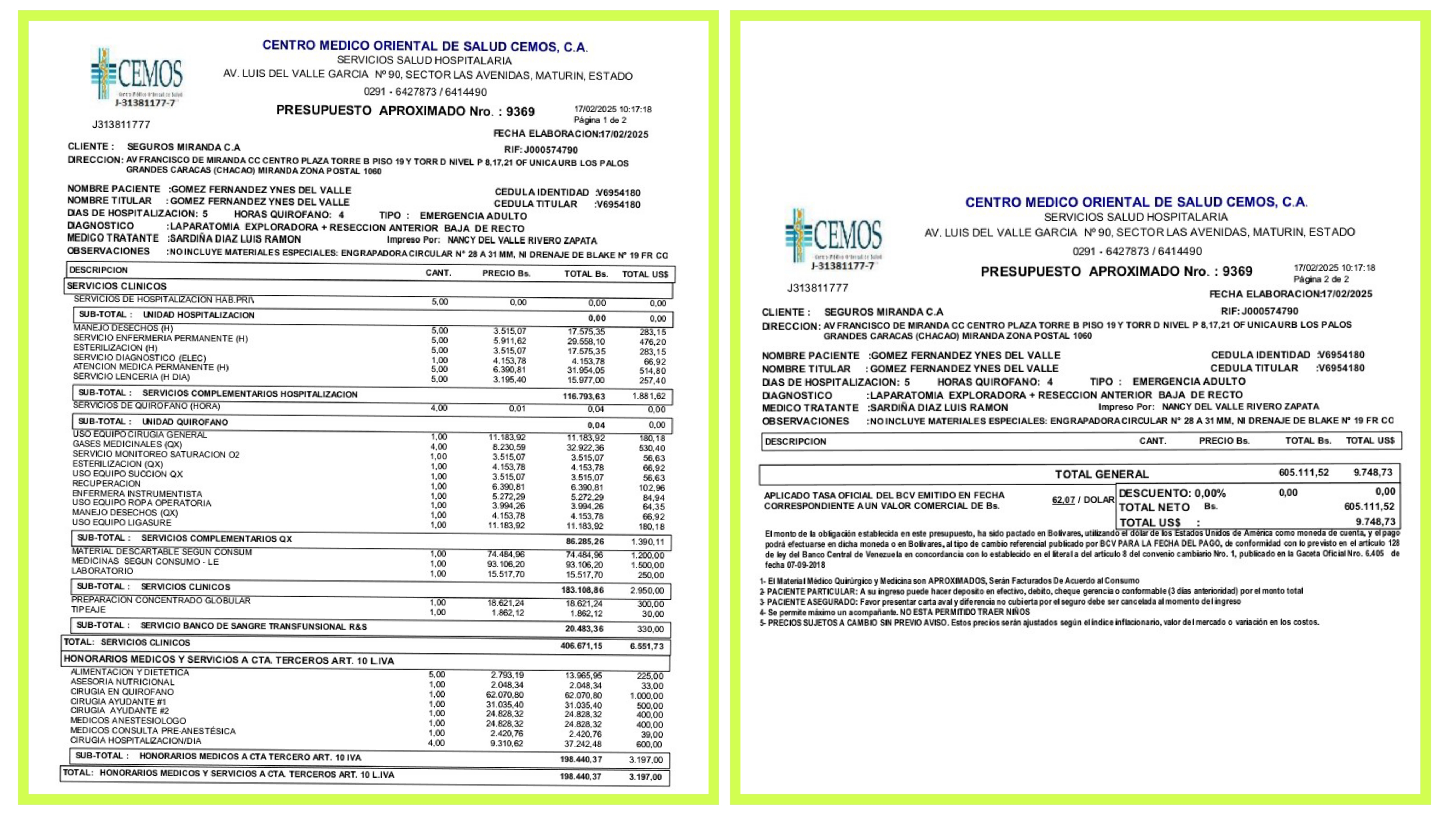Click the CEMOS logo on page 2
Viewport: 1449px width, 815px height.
833,237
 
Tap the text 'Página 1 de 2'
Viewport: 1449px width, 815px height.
600,120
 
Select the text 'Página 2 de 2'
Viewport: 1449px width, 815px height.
1321,279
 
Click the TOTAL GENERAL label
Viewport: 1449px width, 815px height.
1101,474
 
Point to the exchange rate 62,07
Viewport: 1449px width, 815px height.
1063,499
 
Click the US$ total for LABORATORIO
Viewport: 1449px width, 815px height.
651,575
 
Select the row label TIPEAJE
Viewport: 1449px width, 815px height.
88,610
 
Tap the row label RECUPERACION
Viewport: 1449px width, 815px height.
106,484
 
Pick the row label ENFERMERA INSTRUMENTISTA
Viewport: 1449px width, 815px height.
137,493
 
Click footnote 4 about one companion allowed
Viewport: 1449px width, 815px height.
894,612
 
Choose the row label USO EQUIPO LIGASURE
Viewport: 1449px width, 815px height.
121,522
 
